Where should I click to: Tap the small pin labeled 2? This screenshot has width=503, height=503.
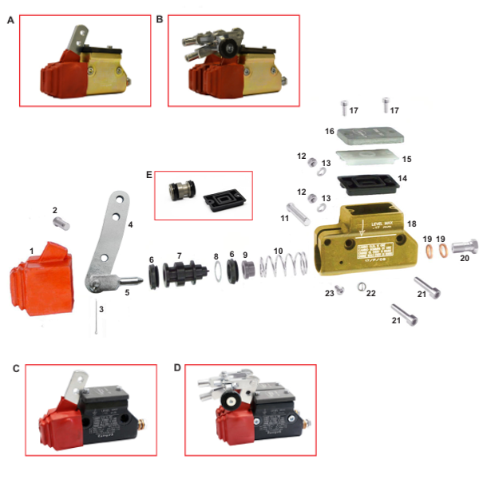pos(61,224)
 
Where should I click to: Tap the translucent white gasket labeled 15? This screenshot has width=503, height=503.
pos(367,156)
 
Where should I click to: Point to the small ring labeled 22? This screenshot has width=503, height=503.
pos(361,288)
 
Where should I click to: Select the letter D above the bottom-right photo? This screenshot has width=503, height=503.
pos(177,368)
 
